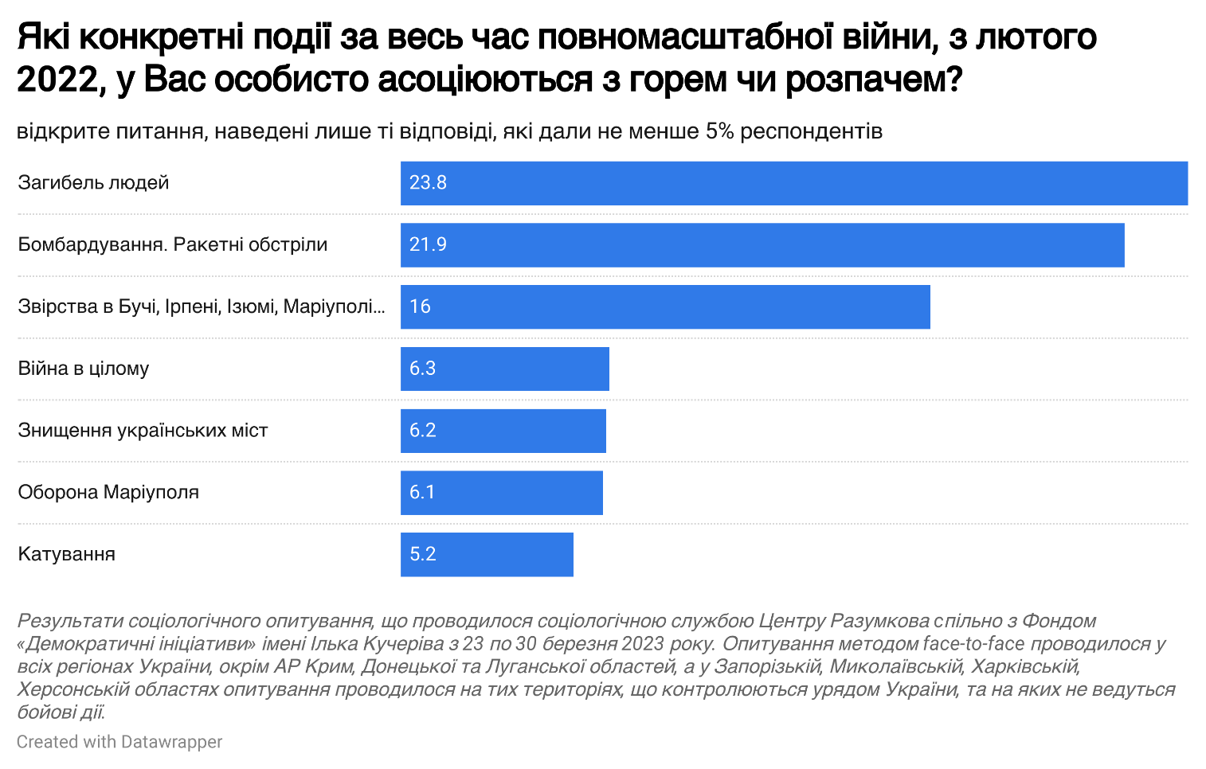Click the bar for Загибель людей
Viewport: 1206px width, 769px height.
click(x=793, y=183)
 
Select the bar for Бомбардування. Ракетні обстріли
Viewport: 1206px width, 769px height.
click(x=762, y=245)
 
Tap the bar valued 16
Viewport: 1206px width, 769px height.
click(x=665, y=307)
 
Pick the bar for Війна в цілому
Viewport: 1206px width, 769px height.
click(x=505, y=369)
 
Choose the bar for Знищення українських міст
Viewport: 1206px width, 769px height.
click(x=503, y=431)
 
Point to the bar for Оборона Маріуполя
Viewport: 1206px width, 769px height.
click(x=502, y=493)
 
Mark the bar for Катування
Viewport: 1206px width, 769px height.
click(x=487, y=555)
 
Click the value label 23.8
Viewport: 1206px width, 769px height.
click(x=428, y=183)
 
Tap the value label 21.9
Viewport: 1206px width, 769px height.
click(x=428, y=245)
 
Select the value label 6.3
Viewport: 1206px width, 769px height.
click(x=422, y=369)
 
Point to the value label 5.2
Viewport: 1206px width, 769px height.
click(x=422, y=555)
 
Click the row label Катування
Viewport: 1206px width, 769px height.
click(x=67, y=555)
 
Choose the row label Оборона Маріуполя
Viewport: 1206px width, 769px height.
click(x=108, y=493)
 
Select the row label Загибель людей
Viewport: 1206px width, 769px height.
click(x=94, y=183)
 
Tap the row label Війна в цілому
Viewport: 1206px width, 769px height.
click(x=84, y=369)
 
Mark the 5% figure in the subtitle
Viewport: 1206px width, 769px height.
click(x=719, y=131)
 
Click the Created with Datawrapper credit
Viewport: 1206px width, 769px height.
click(x=119, y=742)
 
